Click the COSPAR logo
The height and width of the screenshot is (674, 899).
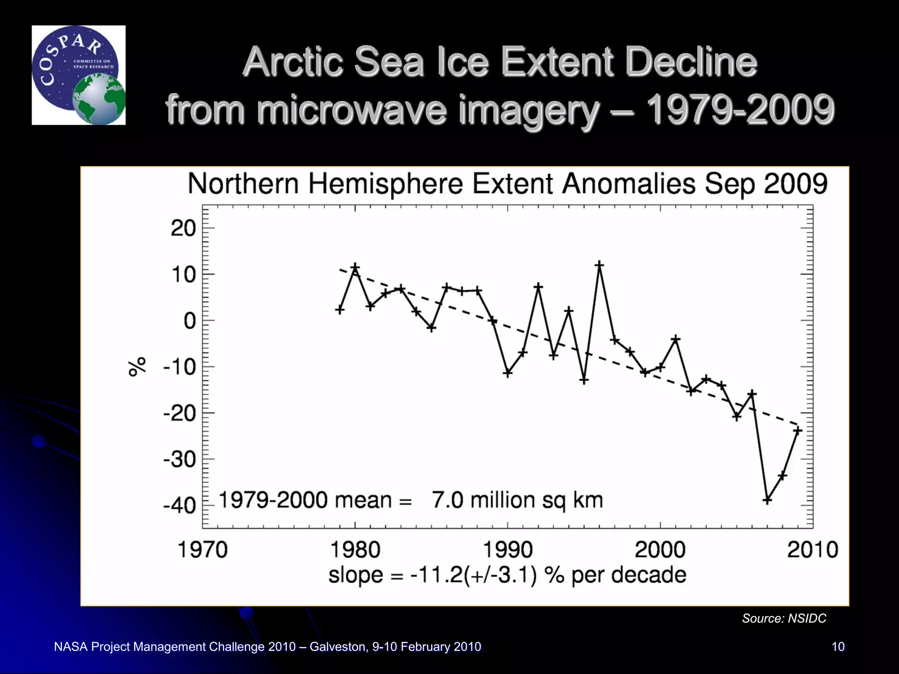(78, 75)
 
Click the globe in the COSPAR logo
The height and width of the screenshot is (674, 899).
(99, 100)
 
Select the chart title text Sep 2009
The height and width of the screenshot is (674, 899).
(766, 184)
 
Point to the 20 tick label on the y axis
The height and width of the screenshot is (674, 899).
(183, 229)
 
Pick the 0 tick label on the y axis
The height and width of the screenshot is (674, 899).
(190, 321)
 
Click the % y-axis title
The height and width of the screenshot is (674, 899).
(137, 366)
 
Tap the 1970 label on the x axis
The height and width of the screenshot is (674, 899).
(203, 550)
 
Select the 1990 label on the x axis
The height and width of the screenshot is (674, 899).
(508, 550)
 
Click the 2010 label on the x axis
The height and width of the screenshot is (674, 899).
(813, 550)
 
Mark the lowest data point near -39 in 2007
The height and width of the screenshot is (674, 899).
(767, 500)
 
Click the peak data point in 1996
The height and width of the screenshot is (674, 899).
(599, 265)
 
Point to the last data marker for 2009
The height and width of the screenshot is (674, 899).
(798, 430)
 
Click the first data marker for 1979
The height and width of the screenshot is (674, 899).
(340, 310)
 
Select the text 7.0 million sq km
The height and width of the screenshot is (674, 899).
(518, 500)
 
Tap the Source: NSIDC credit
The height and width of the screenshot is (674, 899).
(784, 618)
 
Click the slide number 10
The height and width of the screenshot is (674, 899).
(838, 647)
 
